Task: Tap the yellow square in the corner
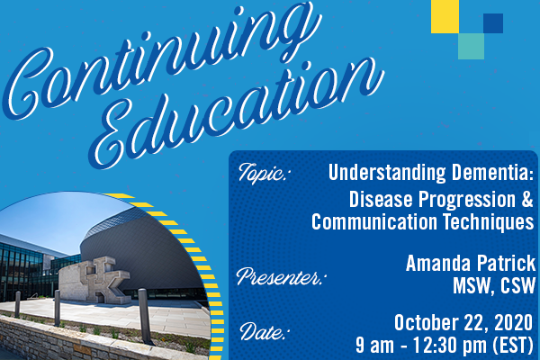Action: [x=445, y=16]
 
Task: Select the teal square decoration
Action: [x=471, y=46]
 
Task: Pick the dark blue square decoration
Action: [x=493, y=23]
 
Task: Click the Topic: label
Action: [x=263, y=173]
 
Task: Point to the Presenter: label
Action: [x=279, y=276]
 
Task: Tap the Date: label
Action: [x=264, y=331]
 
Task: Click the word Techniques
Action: [x=489, y=221]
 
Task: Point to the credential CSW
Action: [x=518, y=285]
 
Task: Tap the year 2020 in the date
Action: [x=514, y=323]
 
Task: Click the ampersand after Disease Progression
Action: [x=527, y=200]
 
